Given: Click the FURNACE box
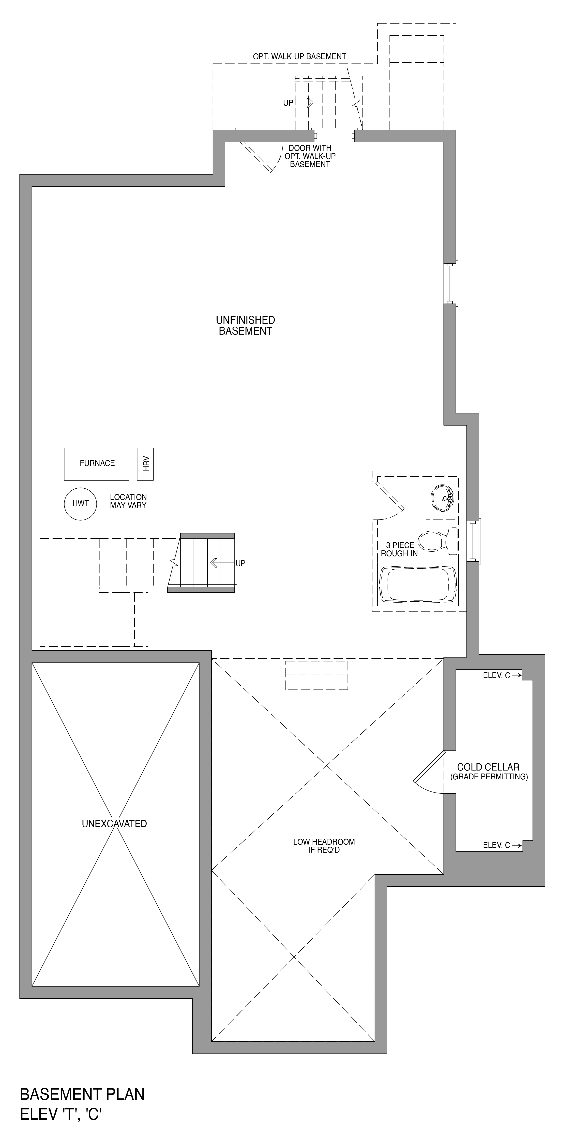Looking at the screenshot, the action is tap(97, 464).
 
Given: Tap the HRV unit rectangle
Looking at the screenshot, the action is tap(146, 464).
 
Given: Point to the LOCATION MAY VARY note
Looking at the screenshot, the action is tap(128, 501).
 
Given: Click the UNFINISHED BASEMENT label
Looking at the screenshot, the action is tap(245, 326).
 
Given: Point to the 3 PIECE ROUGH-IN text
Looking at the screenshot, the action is tap(399, 550).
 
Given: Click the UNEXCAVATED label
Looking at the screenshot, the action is tap(114, 823).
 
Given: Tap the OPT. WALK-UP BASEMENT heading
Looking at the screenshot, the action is tap(299, 56).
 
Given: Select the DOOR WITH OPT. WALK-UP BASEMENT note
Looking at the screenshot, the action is tap(310, 156).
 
